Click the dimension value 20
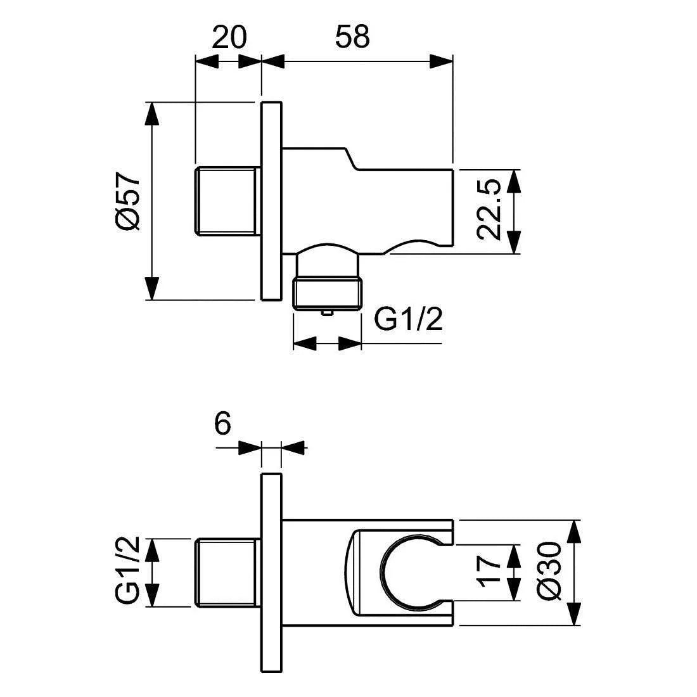[x=229, y=37]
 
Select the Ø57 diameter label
[x=127, y=201]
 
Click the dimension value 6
[x=222, y=424]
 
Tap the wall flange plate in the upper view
[x=271, y=200]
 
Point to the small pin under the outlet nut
[x=327, y=312]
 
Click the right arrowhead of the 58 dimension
[x=441, y=61]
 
